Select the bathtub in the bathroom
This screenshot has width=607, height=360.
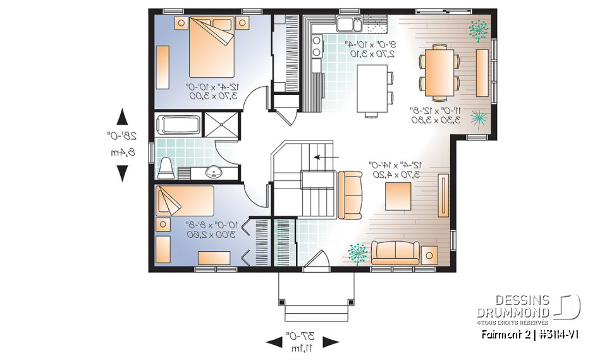point(179,124)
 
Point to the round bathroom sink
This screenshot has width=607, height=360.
point(215,171)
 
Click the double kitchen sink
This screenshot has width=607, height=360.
point(348,25)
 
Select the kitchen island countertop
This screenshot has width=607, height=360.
point(371,88)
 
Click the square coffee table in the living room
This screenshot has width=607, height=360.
point(400,195)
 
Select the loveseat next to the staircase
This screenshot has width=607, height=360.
point(350,193)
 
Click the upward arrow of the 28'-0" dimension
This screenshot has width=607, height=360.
point(123,117)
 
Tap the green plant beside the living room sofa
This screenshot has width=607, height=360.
point(357,252)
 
